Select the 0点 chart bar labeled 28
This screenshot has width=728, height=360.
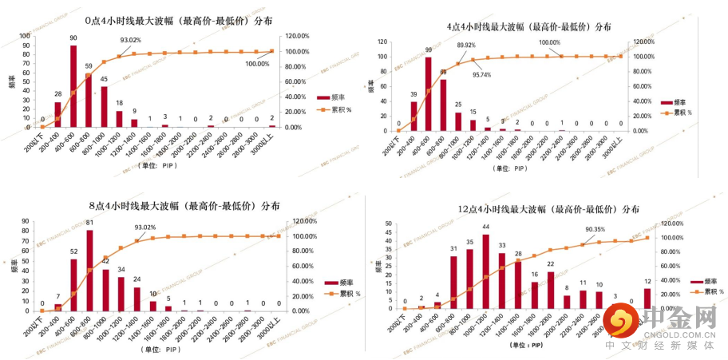point(57,114)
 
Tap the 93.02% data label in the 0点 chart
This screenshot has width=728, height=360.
point(131,40)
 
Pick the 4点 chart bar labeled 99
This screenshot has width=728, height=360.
point(428,93)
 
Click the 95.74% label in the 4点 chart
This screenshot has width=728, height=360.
point(481,74)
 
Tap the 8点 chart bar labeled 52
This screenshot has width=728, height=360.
point(74,285)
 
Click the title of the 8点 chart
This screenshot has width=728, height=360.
point(184,206)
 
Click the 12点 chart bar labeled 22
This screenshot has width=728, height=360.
point(551,290)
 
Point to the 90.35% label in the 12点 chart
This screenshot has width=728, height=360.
point(594,230)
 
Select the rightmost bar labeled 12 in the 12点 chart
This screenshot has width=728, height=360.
point(648,299)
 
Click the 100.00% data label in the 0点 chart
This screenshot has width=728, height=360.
point(257,64)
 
